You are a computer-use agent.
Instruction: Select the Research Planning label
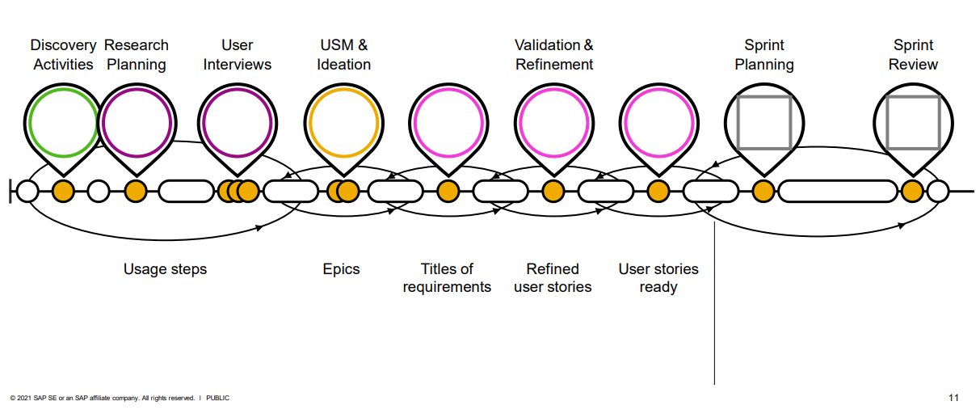tap(137, 55)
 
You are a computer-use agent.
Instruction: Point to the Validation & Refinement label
tap(554, 55)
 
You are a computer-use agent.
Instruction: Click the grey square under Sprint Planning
tap(763, 122)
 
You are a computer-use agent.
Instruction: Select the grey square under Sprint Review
tap(913, 122)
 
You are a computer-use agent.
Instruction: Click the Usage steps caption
tap(165, 269)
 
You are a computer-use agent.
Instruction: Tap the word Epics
tap(341, 269)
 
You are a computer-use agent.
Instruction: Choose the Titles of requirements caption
tap(447, 277)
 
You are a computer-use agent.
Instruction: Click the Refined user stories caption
tap(553, 277)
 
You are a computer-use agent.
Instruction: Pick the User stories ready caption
tap(658, 277)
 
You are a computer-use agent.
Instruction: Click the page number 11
tap(953, 398)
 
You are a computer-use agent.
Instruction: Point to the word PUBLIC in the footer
tap(217, 398)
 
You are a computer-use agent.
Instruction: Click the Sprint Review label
tap(913, 55)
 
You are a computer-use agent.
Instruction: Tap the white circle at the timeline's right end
tap(937, 192)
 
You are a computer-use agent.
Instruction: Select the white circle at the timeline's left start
tap(27, 192)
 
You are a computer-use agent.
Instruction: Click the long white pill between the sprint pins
tap(837, 192)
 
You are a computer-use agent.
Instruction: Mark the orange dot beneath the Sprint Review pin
tap(912, 192)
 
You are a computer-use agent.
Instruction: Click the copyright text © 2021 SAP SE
tap(48, 398)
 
